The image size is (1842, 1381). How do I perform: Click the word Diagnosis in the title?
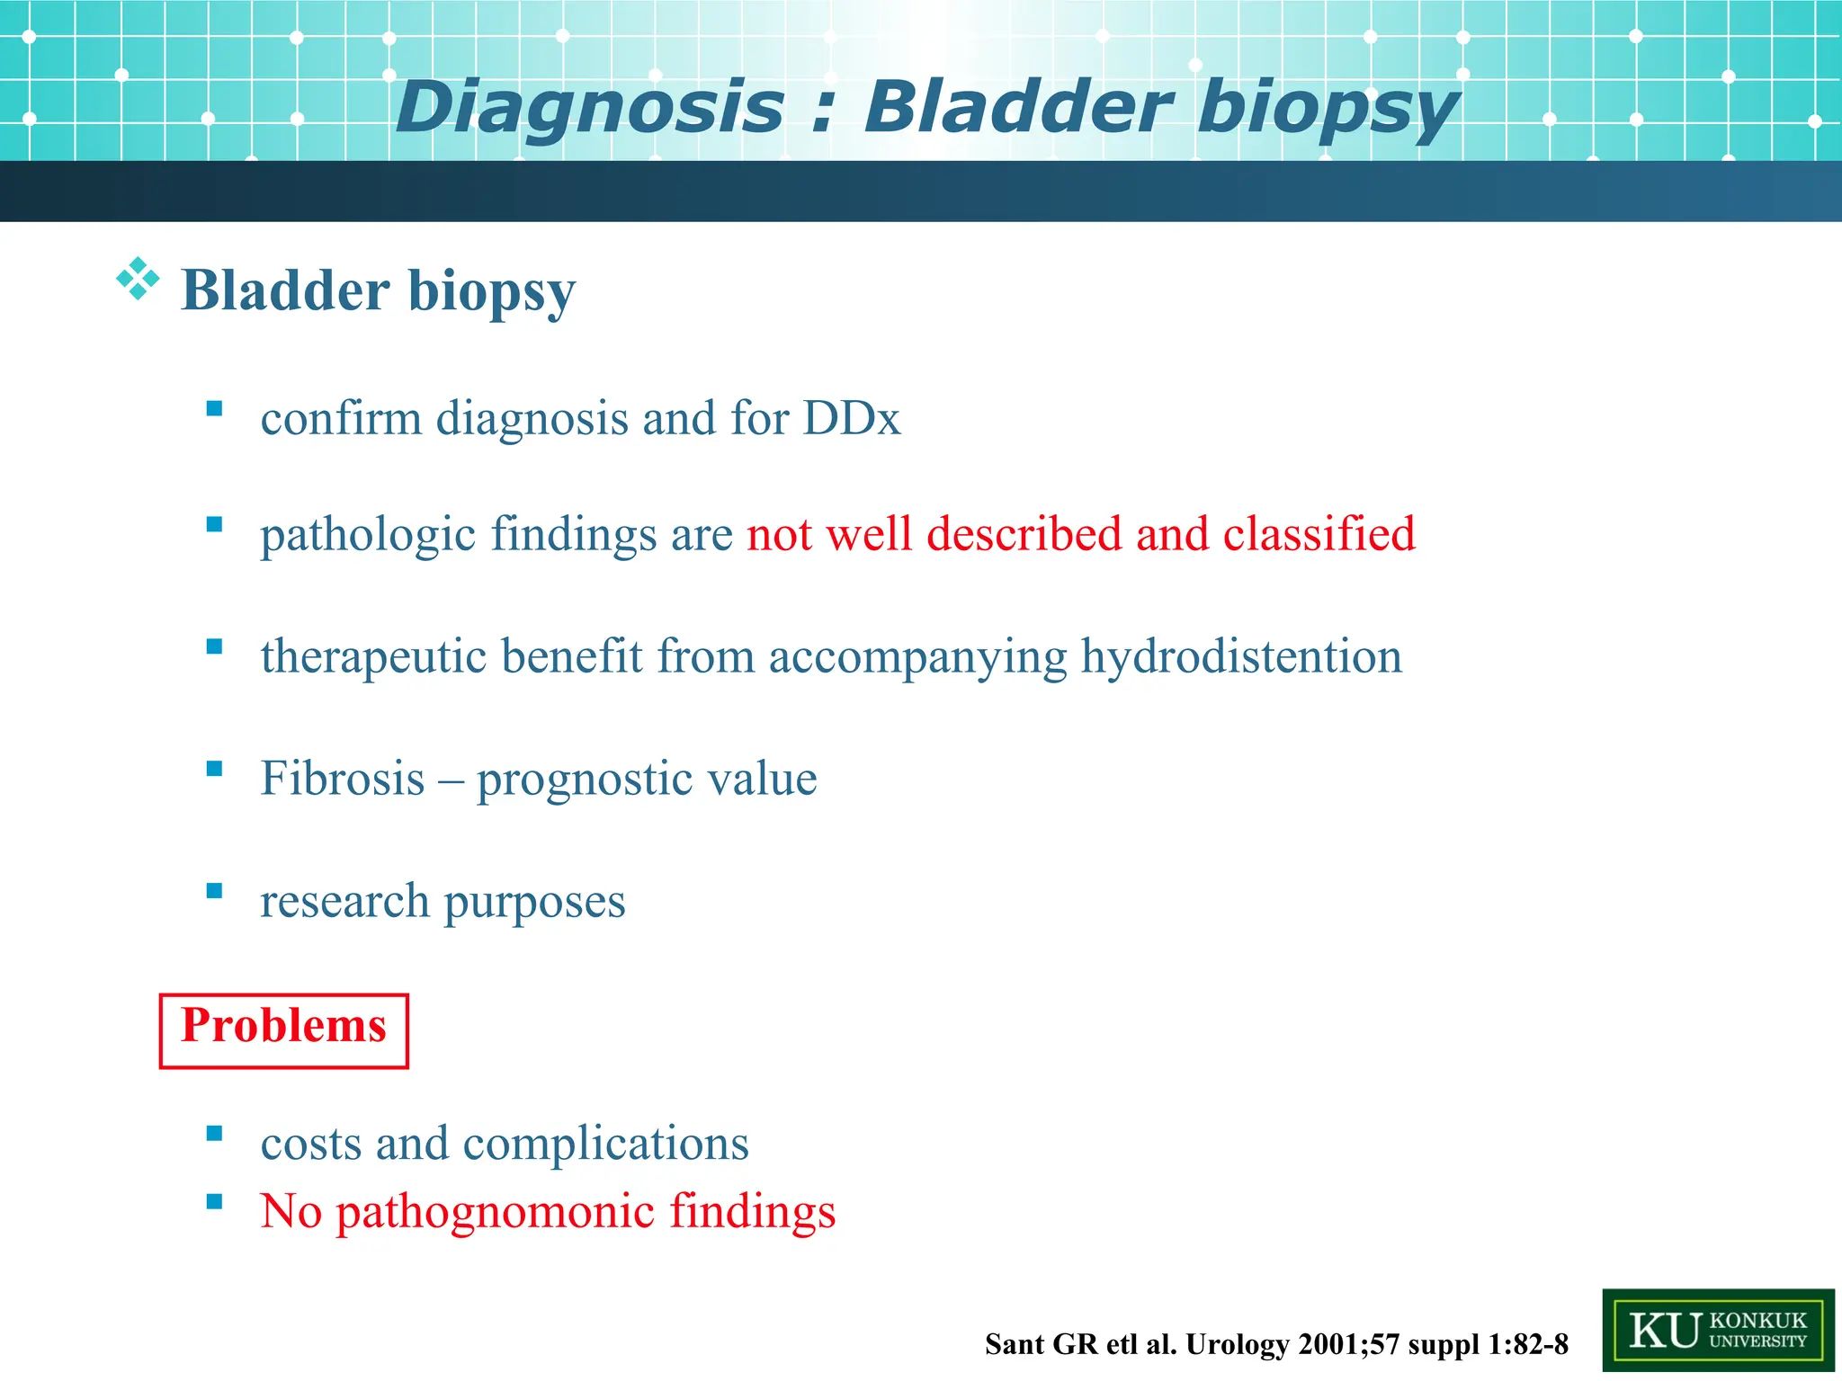(x=589, y=108)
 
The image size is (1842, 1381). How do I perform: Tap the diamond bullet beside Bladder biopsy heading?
(x=138, y=279)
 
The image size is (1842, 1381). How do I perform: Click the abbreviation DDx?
(x=851, y=418)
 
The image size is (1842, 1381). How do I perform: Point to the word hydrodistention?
(x=1241, y=656)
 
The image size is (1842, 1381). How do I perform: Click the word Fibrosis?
(x=342, y=779)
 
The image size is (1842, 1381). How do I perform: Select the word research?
(x=344, y=901)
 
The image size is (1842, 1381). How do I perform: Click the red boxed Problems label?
(x=283, y=1026)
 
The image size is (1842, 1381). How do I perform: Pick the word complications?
(x=605, y=1144)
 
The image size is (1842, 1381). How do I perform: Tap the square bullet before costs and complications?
(x=214, y=1133)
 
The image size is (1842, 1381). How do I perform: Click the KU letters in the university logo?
(x=1664, y=1331)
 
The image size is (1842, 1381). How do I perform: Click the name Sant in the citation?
(x=1015, y=1345)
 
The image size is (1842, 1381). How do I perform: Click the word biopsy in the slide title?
(x=1327, y=108)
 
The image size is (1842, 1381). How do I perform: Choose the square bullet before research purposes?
(x=214, y=891)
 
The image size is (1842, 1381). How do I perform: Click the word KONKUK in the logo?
(x=1757, y=1320)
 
